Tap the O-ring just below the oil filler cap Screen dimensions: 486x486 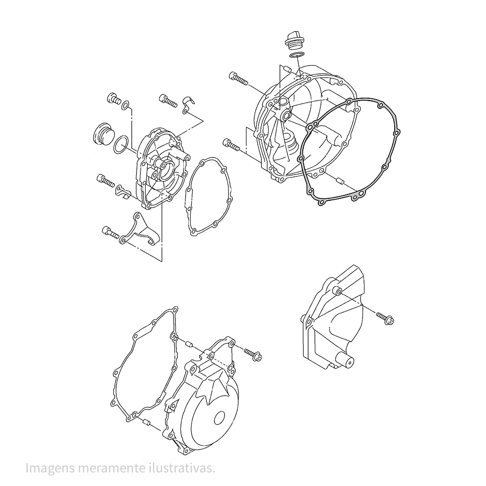pos(296,55)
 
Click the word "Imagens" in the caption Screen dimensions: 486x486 pos(50,469)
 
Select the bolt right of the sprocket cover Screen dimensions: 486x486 pos(385,318)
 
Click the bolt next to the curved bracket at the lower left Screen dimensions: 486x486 pos(110,232)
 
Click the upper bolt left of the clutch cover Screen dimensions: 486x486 pos(238,77)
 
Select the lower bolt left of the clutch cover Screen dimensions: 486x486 pos(231,145)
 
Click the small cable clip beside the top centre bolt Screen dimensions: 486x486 pos(188,105)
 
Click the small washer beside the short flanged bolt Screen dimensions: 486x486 pos(126,105)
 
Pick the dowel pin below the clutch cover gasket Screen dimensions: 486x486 pos(339,181)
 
